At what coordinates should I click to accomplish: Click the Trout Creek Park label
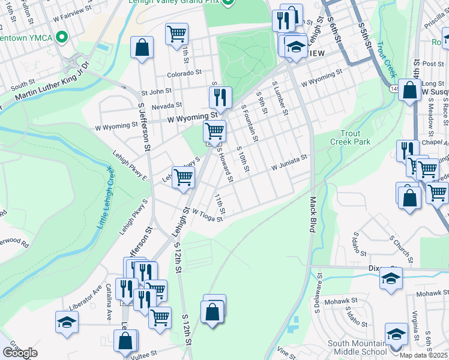[351, 137]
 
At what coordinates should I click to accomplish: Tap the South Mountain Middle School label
[357, 347]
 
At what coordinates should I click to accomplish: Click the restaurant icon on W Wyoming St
[220, 98]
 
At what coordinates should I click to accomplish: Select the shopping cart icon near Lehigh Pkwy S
[183, 177]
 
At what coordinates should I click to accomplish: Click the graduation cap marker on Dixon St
[391, 278]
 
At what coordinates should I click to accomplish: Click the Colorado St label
[184, 74]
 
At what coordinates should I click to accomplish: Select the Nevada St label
[166, 106]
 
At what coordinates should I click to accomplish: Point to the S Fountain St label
[250, 123]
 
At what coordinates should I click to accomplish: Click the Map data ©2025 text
[423, 355]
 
